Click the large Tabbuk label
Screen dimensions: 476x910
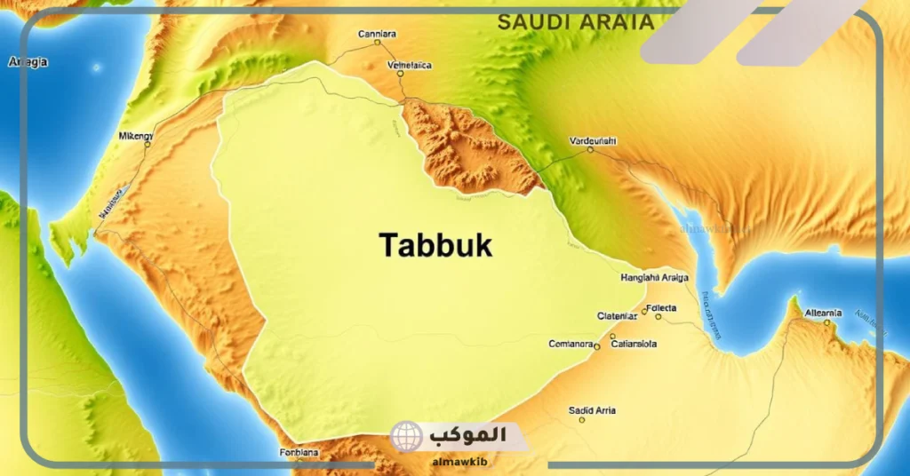[x=435, y=246]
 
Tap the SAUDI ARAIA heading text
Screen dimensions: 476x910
[x=575, y=22]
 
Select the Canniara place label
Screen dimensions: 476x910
[x=377, y=34]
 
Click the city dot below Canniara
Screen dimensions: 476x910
[x=377, y=43]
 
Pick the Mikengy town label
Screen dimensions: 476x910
[x=135, y=136]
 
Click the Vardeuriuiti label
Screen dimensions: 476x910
[x=592, y=140]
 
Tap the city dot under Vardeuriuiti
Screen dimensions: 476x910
[x=590, y=150]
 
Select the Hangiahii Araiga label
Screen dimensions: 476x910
[x=652, y=278]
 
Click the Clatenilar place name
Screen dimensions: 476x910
[x=617, y=315]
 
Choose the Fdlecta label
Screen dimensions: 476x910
[x=662, y=307]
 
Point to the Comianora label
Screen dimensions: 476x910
[x=571, y=344]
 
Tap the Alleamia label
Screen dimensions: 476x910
[x=822, y=313]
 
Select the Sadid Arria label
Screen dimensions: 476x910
[x=592, y=410]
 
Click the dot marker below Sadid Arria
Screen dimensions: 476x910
[x=582, y=419]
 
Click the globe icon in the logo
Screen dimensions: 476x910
[x=407, y=436]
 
